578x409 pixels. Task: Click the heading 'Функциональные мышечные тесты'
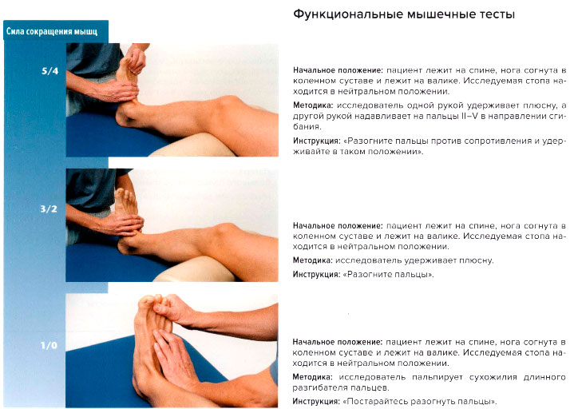click(x=404, y=15)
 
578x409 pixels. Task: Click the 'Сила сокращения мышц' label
click(x=52, y=32)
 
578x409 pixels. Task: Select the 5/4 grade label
click(x=49, y=71)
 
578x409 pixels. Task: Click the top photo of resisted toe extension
click(x=172, y=99)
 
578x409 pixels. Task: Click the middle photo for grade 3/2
click(x=172, y=224)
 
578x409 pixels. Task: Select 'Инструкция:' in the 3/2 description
click(x=317, y=275)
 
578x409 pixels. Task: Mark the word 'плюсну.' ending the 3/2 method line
click(x=477, y=260)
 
